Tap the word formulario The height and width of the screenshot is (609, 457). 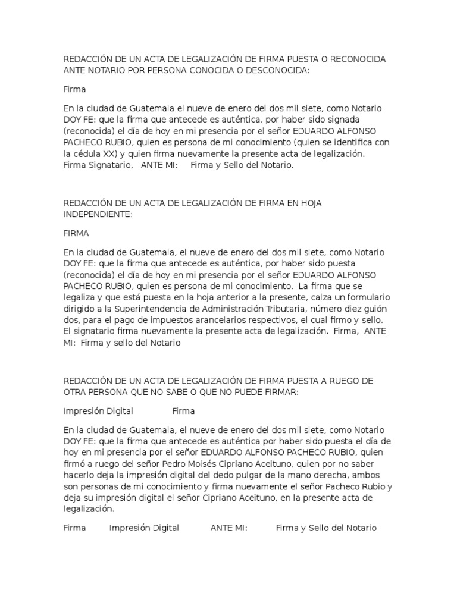pos(355,299)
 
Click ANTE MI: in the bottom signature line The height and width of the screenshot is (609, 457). pos(229,528)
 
